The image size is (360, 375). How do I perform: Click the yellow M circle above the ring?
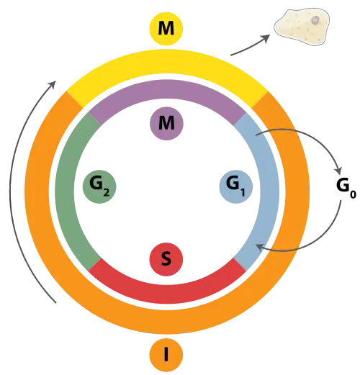[166, 29]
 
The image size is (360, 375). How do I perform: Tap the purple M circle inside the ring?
[166, 123]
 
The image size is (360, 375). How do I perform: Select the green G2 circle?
[99, 186]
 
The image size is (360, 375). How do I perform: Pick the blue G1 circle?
[236, 186]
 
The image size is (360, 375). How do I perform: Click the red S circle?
[166, 260]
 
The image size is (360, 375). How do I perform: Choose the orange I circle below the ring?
[166, 355]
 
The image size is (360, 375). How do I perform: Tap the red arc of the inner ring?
[167, 294]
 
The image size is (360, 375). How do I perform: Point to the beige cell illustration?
[302, 27]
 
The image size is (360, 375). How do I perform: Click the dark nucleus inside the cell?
[315, 20]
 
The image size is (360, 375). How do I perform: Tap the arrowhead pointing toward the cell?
[266, 38]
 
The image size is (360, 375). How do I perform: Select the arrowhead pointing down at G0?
[339, 171]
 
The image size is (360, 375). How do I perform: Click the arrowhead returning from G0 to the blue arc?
[260, 247]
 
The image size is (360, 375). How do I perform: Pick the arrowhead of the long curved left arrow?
[53, 84]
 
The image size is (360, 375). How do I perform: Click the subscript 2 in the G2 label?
[107, 193]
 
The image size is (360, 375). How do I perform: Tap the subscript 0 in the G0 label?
[353, 194]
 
